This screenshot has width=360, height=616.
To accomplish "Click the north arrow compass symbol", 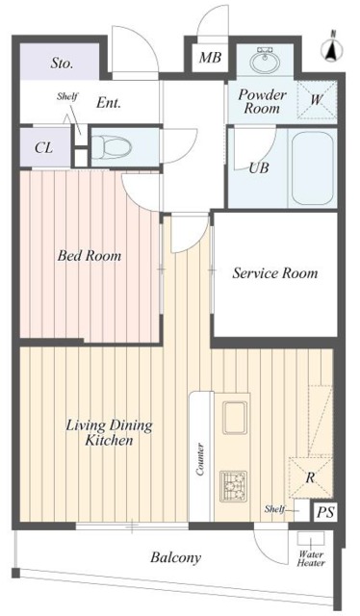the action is coord(332,48).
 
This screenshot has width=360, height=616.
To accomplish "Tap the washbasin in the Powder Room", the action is coord(265,60).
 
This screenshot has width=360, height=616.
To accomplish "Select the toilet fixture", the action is coord(111,147).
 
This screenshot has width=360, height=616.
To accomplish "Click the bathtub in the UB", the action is coord(313,167).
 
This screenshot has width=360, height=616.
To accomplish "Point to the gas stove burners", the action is coord(234,486).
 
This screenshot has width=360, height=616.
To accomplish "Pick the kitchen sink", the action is coord(235,417).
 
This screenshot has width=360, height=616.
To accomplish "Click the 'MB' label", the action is coord(210,58).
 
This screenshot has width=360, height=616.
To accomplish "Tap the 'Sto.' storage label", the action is coord(62,63).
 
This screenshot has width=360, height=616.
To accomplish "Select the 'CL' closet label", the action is coord(43,148).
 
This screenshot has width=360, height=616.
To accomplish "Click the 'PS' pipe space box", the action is coord(325,512).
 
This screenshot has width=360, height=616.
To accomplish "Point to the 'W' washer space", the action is coord(317,99).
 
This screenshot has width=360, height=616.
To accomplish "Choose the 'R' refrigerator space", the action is coord(311,478).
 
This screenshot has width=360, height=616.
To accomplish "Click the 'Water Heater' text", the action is coord(311,558).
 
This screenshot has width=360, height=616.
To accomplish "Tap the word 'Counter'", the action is coord(200,459).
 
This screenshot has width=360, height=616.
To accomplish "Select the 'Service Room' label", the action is coord(274,273).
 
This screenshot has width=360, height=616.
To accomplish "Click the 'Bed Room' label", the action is coord(90,256).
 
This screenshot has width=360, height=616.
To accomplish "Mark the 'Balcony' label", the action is coord(175,557).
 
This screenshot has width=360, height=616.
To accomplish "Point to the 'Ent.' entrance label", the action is coord(109,103).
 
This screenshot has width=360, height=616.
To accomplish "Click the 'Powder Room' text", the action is coord(262,101).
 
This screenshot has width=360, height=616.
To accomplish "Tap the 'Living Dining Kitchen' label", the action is coord(109,432).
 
